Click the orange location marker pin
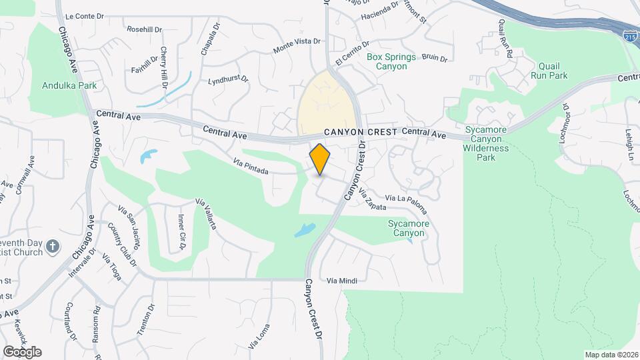[320, 159]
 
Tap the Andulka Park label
[69, 85]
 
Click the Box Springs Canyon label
[391, 62]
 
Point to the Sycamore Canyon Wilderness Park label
[487, 143]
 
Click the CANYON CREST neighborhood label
[361, 132]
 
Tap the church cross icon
[54, 248]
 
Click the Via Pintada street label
[251, 167]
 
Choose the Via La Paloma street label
[406, 199]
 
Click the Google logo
[22, 351]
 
